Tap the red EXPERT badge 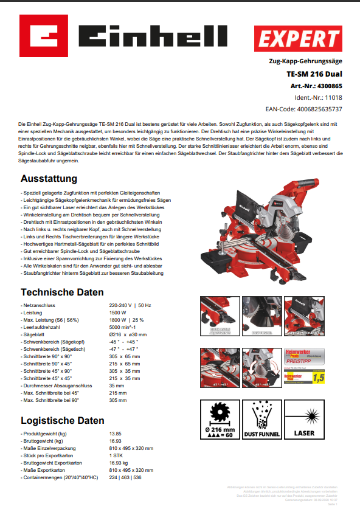tap(298, 38)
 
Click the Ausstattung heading tap(49, 179)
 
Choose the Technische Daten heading tap(61, 292)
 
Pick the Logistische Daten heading tap(62, 420)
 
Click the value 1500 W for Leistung tap(118, 311)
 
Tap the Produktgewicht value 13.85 tap(116, 434)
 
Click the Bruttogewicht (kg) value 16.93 tap(116, 441)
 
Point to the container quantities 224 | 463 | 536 tap(125, 477)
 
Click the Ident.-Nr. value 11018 tap(333, 97)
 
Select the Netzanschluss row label tap(39, 304)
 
